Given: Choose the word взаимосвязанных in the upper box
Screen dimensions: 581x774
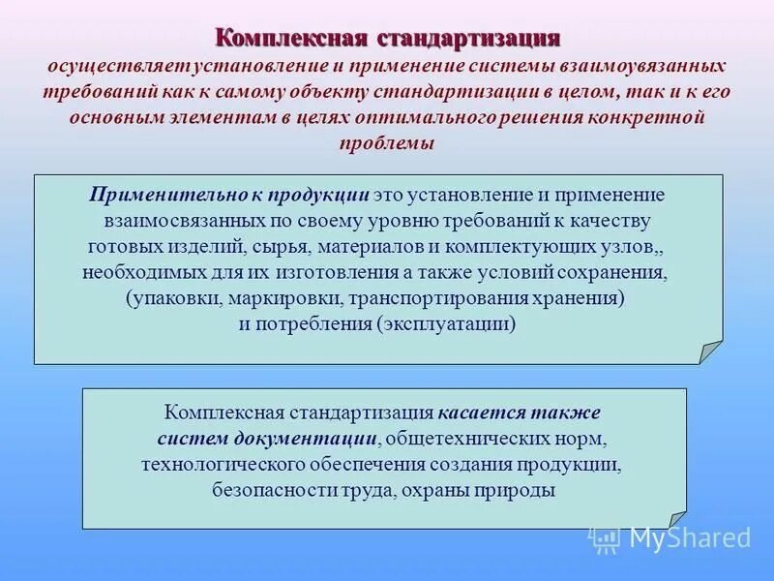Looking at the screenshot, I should pos(177,221).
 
